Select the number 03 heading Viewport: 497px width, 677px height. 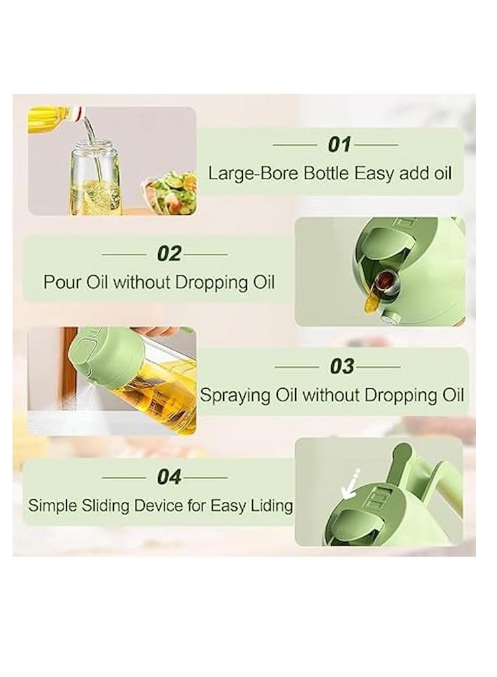coord(341,366)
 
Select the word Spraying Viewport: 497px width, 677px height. coord(236,396)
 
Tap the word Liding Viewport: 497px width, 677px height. coord(269,506)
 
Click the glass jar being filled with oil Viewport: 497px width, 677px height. coord(96,179)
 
